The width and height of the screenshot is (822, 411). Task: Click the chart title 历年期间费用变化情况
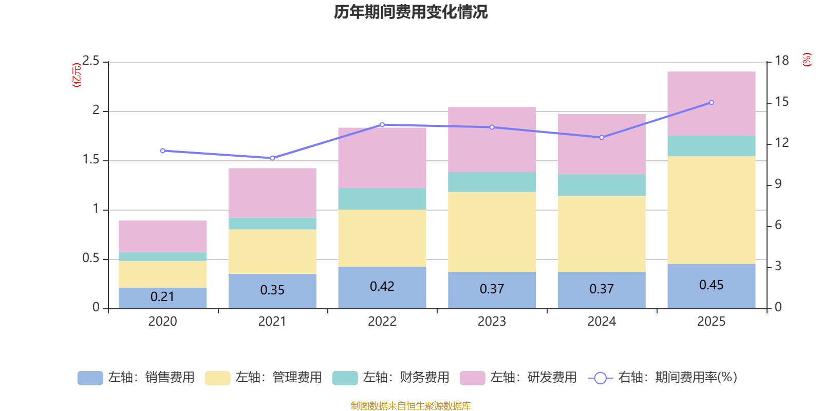click(x=410, y=12)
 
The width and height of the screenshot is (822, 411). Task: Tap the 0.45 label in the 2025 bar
click(x=711, y=285)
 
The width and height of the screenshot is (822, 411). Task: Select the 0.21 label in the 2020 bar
click(x=162, y=297)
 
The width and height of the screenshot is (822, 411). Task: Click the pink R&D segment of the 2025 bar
click(x=711, y=103)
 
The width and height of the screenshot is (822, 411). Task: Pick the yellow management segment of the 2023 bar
click(x=492, y=232)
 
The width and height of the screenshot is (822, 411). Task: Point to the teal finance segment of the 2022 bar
click(x=382, y=198)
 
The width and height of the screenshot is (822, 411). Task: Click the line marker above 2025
click(x=712, y=102)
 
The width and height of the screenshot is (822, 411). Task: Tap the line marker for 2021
click(x=272, y=158)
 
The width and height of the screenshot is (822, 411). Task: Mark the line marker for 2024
click(x=602, y=137)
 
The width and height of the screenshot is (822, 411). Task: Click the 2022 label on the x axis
click(x=382, y=322)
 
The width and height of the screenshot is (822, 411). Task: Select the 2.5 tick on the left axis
click(x=91, y=61)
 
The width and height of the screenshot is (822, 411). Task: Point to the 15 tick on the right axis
click(x=781, y=102)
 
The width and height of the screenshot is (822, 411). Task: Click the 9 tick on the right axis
click(x=778, y=184)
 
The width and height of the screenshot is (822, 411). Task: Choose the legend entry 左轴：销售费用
click(x=137, y=378)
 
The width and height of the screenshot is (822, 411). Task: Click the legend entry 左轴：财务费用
click(x=391, y=378)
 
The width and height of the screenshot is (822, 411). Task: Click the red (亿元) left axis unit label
click(x=77, y=75)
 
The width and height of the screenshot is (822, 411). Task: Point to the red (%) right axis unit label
click(x=807, y=60)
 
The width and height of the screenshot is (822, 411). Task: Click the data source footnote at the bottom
click(x=410, y=406)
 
